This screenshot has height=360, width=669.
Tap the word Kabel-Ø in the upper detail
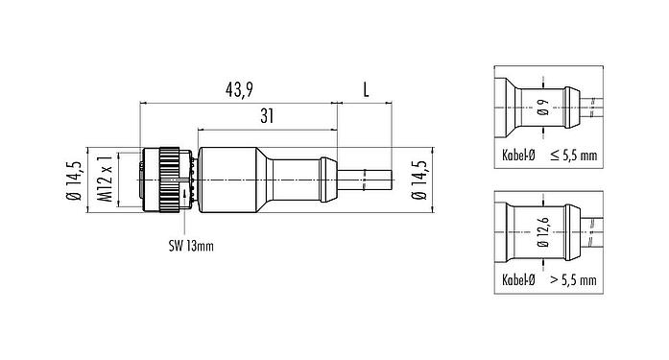pyautogui.click(x=518, y=155)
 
